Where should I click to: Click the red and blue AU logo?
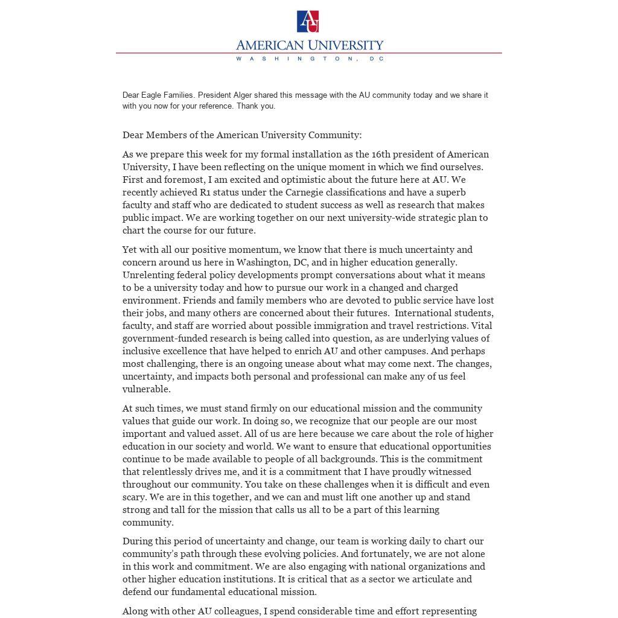point(308,21)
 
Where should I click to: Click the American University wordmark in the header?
point(309,45)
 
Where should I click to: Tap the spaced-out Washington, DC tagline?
point(309,59)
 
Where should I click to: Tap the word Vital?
point(482,326)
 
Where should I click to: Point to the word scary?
point(134,497)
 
